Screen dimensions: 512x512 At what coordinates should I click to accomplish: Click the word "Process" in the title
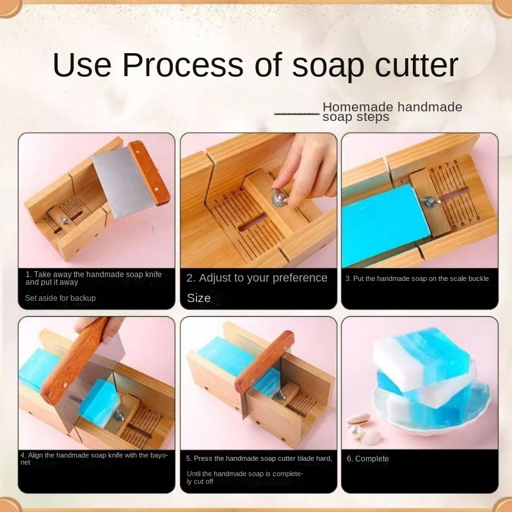(x=183, y=65)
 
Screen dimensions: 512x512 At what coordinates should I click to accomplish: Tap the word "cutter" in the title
(x=417, y=65)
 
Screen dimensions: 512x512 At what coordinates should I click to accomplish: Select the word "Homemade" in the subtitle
(x=358, y=107)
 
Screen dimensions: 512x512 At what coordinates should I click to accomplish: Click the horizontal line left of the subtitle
(x=297, y=114)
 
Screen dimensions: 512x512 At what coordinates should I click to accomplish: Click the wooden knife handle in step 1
(x=150, y=173)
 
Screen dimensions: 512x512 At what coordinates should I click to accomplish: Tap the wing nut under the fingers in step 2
(x=278, y=198)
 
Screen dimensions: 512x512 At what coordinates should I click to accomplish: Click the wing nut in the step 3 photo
(x=429, y=202)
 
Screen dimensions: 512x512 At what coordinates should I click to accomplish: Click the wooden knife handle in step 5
(x=264, y=361)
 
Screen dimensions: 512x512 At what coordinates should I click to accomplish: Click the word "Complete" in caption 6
(x=372, y=459)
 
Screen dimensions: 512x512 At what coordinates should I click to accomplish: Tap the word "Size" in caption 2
(x=199, y=298)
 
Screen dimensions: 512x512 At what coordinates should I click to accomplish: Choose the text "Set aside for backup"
(x=60, y=298)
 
